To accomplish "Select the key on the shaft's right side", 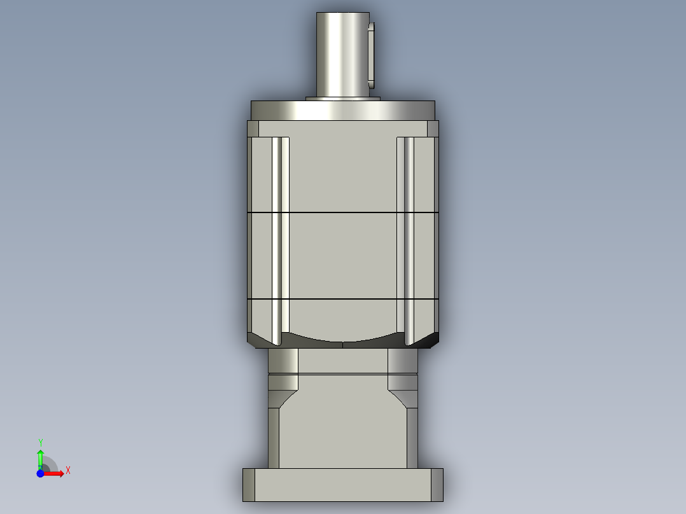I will pos(372,55).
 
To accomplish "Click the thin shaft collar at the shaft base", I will pos(342,99).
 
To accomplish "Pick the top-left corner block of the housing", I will pos(253,129).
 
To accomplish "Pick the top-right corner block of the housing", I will pos(432,129).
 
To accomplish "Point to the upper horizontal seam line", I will pos(342,212).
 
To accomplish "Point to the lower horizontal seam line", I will pos(342,299).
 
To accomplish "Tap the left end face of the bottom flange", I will pos(249,485).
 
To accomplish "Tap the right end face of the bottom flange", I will pos(437,485).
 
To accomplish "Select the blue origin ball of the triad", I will pos(40,473).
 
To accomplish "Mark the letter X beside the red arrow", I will pos(68,471).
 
